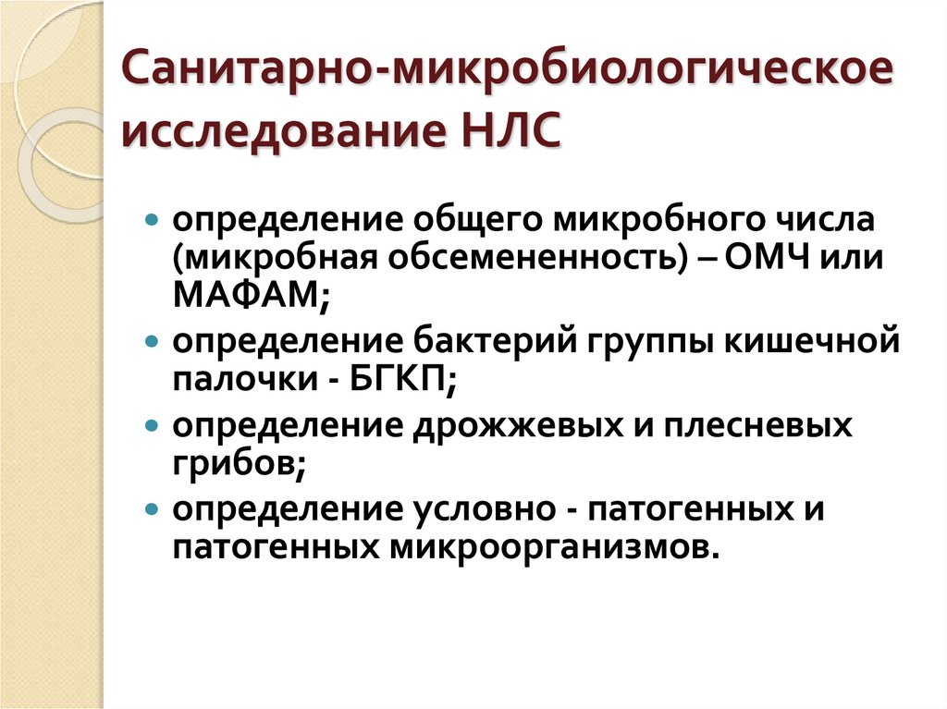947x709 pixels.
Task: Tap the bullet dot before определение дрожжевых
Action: (x=152, y=426)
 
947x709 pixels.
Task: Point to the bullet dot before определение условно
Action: (x=152, y=510)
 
